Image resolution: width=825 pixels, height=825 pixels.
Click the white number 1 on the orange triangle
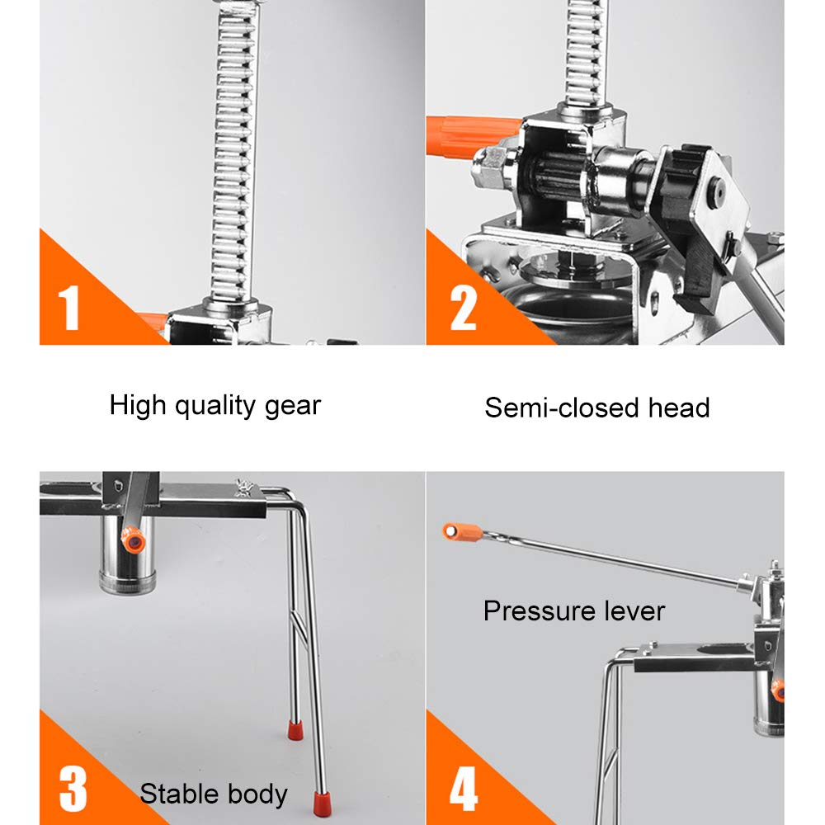pos(70,308)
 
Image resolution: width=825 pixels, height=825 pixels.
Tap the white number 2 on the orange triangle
pos(463,308)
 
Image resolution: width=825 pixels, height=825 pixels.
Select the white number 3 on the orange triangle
pos(73,789)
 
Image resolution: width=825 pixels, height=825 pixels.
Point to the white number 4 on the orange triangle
pos(464,789)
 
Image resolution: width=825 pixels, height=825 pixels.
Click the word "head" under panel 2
pos(679,408)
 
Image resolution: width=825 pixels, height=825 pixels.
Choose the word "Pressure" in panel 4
pos(539,610)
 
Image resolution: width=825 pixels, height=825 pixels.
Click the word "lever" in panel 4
pos(634,610)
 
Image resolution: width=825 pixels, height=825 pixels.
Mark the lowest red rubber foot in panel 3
pos(322,803)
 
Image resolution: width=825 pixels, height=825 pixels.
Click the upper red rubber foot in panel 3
pos(295,730)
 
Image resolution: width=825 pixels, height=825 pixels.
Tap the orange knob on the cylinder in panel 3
pos(133,540)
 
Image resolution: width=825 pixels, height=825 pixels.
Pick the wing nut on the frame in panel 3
pos(244,487)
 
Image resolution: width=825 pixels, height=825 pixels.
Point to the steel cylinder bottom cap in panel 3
pos(127,583)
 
